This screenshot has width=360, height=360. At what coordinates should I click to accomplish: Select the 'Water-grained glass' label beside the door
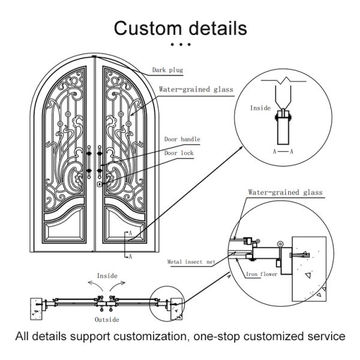[196, 89]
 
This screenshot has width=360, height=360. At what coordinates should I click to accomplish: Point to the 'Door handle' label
[182, 139]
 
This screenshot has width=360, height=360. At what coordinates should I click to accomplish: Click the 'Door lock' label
[179, 152]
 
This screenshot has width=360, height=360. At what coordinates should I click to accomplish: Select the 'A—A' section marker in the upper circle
[283, 152]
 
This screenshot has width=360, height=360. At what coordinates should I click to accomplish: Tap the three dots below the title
[180, 44]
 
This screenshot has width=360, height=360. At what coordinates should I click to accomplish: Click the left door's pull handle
[89, 159]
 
